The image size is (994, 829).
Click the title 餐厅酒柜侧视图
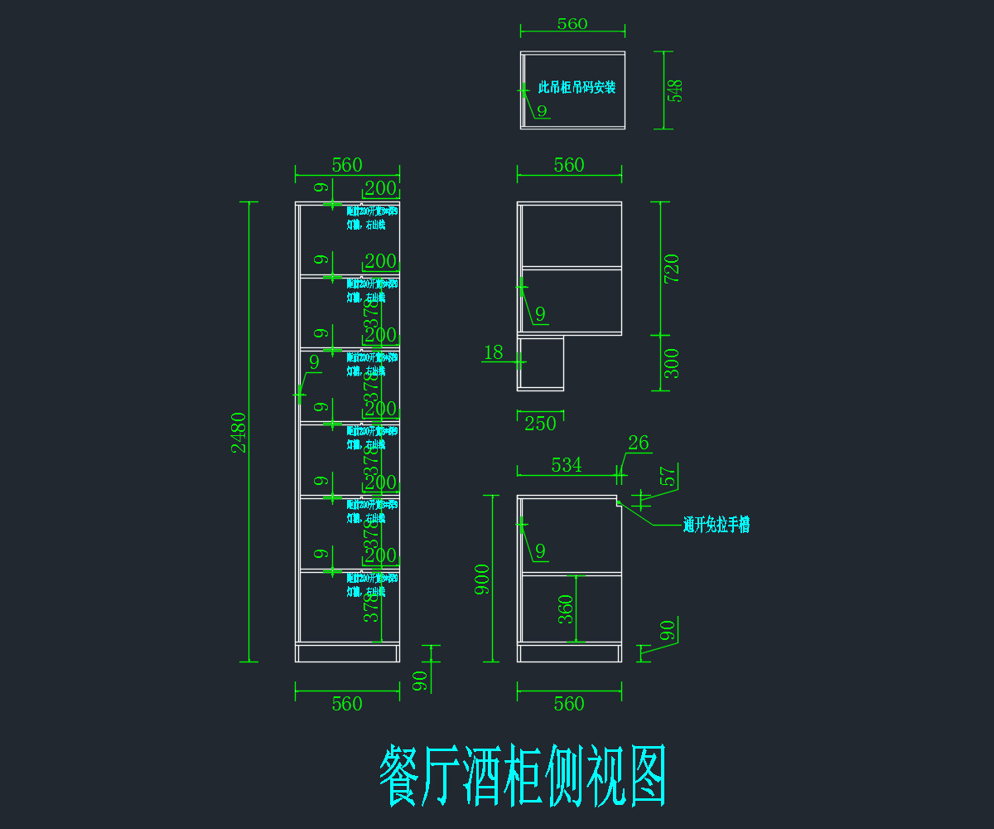524,776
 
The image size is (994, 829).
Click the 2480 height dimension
239,432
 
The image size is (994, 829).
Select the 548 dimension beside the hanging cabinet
676,90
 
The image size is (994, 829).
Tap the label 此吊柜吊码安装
577,87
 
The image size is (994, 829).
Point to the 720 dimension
672,269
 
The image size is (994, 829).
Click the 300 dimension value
672,363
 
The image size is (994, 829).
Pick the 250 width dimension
540,424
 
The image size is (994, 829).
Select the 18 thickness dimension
493,352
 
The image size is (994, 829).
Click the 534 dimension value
567,465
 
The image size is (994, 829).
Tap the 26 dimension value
639,444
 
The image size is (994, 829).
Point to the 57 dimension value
668,477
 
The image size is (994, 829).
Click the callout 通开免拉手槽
716,525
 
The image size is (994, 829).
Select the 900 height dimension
482,579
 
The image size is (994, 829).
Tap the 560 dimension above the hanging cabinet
572,23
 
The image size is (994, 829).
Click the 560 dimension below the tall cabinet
347,704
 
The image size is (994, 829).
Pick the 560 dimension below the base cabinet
569,704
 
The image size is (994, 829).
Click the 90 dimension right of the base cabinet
668,629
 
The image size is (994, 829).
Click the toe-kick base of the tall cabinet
348,652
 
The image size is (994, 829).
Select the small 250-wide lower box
541,362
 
